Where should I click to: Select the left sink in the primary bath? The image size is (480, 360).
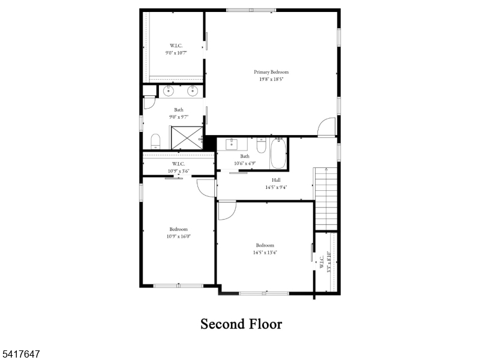[169, 91]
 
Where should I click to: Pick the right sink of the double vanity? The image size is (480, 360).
[193, 91]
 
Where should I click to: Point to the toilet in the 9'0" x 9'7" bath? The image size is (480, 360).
[155, 142]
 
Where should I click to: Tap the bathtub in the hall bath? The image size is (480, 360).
[278, 154]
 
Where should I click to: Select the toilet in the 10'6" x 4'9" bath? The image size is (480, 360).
[261, 146]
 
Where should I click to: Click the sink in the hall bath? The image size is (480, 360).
[231, 145]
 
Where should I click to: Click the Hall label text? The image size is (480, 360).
[276, 180]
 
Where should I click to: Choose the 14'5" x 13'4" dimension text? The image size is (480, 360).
[265, 253]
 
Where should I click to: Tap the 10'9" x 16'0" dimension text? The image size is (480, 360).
[178, 236]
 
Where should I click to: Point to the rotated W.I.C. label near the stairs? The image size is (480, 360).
[321, 262]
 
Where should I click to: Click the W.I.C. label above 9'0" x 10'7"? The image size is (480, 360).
[176, 46]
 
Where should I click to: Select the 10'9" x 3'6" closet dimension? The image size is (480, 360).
[178, 171]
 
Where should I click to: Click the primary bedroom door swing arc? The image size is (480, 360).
[327, 127]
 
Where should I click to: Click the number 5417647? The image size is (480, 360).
[22, 355]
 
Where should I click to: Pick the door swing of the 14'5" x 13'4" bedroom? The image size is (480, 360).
[227, 210]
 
